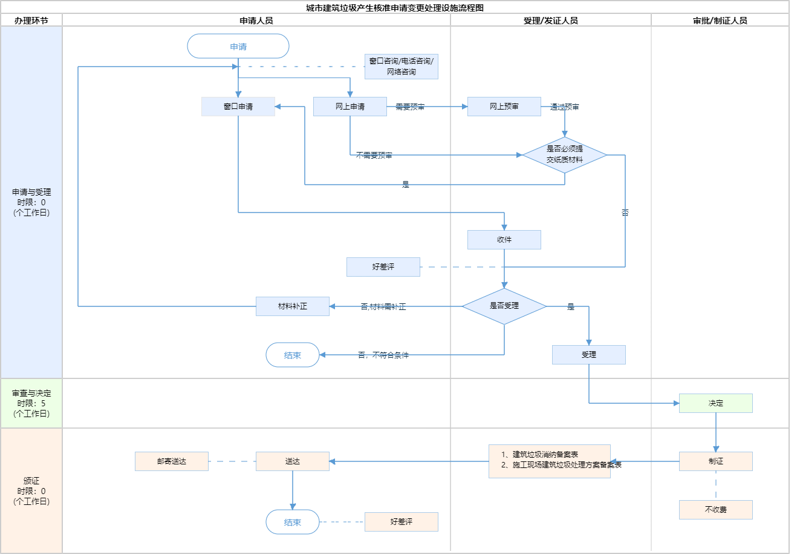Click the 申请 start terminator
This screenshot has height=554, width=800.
[238, 46]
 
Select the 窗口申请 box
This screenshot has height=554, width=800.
[238, 107]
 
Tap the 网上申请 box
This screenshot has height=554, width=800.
[350, 107]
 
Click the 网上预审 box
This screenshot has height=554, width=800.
[504, 107]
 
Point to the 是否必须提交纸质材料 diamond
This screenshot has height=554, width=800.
[565, 155]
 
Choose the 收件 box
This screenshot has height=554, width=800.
[504, 240]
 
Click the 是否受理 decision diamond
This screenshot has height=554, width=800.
[504, 306]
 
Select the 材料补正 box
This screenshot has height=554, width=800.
[293, 306]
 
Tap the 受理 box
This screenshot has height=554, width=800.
[589, 355]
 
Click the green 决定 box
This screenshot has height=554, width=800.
[716, 403]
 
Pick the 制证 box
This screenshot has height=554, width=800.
[716, 461]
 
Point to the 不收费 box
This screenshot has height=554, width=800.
[716, 510]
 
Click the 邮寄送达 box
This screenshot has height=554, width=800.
[172, 461]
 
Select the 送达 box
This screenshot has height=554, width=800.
[293, 461]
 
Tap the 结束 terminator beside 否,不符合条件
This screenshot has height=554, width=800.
[293, 355]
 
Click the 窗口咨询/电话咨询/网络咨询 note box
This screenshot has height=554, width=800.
[402, 67]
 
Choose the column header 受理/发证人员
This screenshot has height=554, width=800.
[551, 21]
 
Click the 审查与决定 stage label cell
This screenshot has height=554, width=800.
[31, 403]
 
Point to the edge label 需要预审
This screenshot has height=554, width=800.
[410, 107]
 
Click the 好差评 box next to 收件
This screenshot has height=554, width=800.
[383, 267]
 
